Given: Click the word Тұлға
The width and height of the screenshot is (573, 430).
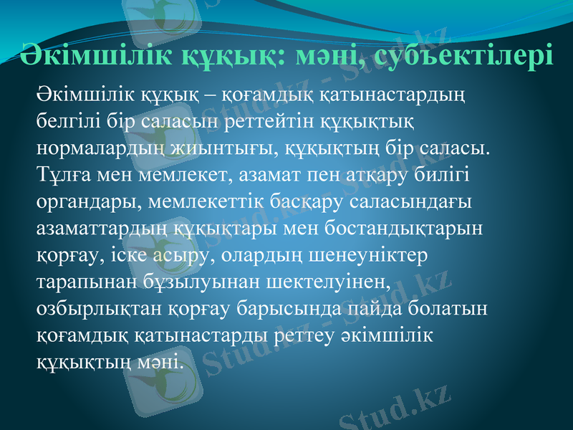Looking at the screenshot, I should coord(61,175).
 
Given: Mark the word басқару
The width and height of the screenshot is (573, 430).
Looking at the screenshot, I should coord(310,202).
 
